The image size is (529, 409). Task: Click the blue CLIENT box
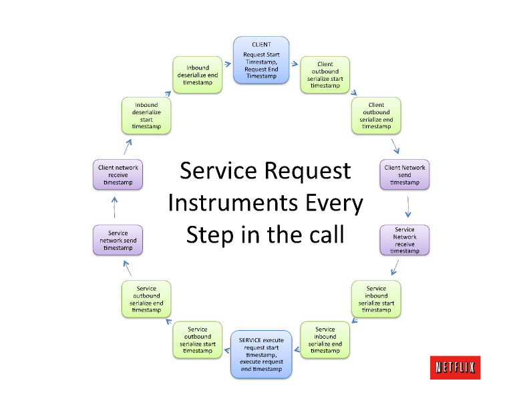tap(261, 60)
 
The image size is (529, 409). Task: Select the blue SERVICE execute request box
tap(261, 354)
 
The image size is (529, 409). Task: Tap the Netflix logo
tap(455, 367)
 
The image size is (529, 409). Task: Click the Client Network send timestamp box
tap(404, 174)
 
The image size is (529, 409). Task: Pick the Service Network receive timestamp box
tap(404, 240)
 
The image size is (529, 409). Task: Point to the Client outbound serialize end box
tap(376, 116)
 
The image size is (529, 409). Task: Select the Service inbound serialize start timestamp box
tap(376, 299)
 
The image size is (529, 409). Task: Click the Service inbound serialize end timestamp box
tap(325, 339)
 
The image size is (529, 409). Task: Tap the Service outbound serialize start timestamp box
tap(198, 339)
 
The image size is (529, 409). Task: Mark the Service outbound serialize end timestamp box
tap(146, 299)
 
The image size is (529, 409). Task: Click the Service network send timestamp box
tap(118, 241)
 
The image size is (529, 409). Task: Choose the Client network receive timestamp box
tap(118, 174)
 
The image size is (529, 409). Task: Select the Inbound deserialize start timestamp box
tap(146, 116)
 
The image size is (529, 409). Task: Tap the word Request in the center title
tap(308, 171)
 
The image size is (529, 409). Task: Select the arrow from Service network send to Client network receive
tap(114, 207)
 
